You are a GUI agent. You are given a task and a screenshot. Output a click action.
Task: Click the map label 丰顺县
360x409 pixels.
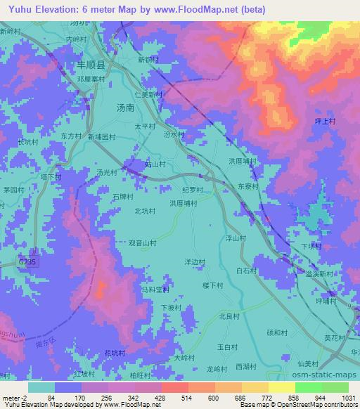(x=91, y=64)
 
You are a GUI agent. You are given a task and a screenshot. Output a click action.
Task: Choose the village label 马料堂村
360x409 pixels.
(x=155, y=289)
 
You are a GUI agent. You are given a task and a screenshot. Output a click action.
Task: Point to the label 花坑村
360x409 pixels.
(x=114, y=352)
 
